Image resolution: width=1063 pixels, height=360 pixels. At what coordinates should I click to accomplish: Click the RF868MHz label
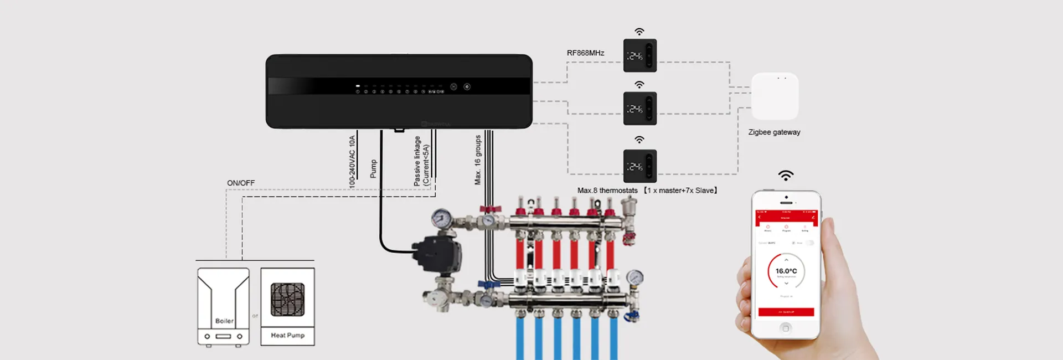click(x=585, y=53)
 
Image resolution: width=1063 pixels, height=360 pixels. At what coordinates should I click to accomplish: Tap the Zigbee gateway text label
click(x=774, y=132)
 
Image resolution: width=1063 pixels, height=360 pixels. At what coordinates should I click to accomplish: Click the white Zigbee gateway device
click(x=775, y=96)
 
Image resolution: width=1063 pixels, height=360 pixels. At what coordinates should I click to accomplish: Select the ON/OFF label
click(x=241, y=183)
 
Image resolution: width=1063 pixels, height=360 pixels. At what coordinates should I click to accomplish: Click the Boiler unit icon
click(x=224, y=306)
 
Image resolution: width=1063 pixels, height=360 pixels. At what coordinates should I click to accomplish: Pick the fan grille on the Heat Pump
click(x=287, y=299)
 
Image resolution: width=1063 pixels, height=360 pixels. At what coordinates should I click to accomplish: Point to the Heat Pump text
click(x=287, y=335)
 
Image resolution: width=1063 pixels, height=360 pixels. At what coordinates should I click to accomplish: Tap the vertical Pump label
click(x=373, y=169)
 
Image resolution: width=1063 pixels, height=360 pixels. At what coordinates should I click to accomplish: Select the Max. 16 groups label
click(x=478, y=160)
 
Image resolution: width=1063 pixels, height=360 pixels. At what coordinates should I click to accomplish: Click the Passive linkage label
click(x=417, y=161)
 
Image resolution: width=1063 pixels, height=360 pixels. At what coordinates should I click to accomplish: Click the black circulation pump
click(x=437, y=254)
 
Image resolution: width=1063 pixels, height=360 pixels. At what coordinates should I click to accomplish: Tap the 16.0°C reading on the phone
click(x=786, y=271)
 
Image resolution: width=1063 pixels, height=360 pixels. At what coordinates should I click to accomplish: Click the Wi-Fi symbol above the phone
click(x=786, y=176)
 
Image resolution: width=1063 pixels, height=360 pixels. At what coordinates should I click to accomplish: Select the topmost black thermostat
click(x=640, y=55)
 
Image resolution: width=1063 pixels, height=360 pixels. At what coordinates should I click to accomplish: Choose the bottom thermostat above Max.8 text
click(x=640, y=166)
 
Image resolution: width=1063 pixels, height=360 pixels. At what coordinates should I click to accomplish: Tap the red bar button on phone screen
click(x=786, y=312)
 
